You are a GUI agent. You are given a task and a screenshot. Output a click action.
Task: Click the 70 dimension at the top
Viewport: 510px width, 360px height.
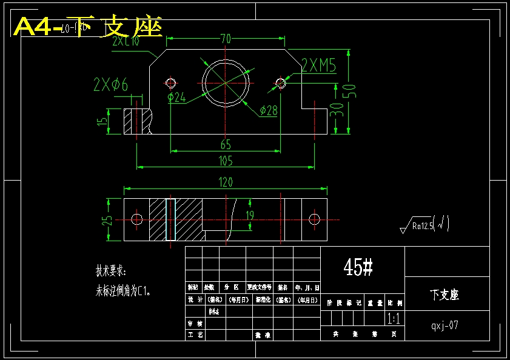click(226, 39)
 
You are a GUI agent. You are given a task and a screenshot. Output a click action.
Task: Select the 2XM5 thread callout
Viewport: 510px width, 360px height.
click(319, 65)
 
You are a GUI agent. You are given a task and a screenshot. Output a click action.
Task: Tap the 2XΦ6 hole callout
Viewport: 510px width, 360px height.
click(111, 85)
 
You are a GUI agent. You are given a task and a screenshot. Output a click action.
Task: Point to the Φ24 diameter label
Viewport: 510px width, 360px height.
click(176, 97)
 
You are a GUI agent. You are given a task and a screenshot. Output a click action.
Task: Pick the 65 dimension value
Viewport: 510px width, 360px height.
click(225, 145)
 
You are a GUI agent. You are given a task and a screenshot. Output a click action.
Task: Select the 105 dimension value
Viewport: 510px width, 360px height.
click(225, 161)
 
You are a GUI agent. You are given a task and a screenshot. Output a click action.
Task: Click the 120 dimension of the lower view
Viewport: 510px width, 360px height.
click(225, 182)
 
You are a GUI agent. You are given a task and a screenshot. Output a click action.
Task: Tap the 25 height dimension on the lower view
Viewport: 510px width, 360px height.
click(107, 220)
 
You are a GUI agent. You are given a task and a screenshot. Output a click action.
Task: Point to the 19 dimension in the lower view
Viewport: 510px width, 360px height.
click(250, 215)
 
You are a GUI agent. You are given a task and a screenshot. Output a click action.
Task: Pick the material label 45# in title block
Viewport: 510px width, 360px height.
click(358, 267)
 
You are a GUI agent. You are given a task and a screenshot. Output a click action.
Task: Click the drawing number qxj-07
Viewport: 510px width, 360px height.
click(445, 325)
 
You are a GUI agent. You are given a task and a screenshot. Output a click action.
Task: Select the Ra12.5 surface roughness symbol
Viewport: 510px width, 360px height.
click(424, 225)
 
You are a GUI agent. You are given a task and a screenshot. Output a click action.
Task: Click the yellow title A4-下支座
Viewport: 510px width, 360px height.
click(88, 27)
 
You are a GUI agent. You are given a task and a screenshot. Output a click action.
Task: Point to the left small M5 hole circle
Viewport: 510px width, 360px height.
click(170, 82)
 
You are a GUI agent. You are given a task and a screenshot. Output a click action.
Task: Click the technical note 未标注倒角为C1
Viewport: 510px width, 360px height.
click(122, 291)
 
